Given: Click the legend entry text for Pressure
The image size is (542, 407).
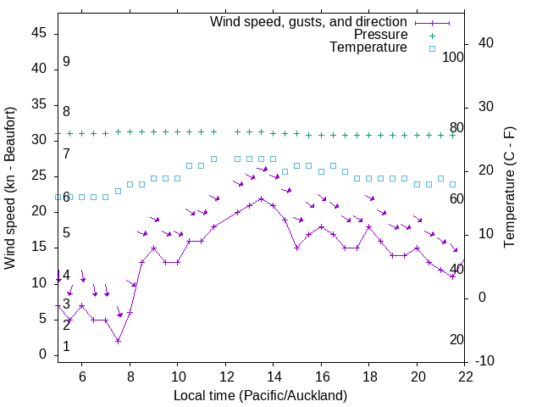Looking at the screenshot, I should [381, 35].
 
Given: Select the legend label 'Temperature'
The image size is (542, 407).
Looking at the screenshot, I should [368, 48].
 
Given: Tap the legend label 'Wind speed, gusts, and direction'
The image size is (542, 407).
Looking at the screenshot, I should [308, 21].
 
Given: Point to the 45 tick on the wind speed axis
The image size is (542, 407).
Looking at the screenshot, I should [39, 32].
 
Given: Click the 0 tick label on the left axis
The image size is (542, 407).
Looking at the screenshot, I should [43, 354].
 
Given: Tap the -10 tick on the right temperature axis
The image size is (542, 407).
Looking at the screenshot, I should [485, 361].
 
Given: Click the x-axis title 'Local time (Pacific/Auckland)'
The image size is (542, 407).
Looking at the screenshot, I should [261, 395].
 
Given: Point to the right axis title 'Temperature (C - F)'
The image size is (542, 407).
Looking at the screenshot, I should [509, 188].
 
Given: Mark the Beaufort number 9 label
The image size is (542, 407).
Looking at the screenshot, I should [66, 62].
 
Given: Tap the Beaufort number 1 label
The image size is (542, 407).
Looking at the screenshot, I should [66, 347].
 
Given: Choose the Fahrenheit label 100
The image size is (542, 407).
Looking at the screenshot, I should [454, 58].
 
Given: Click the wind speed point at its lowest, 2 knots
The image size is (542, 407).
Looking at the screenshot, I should [118, 341].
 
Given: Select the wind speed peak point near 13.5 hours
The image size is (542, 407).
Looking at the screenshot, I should [262, 198].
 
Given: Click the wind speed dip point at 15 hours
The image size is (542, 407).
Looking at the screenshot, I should [297, 248].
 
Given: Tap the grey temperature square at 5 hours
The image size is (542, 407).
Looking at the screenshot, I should [58, 197].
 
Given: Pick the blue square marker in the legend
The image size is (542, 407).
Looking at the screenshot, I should [431, 48].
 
